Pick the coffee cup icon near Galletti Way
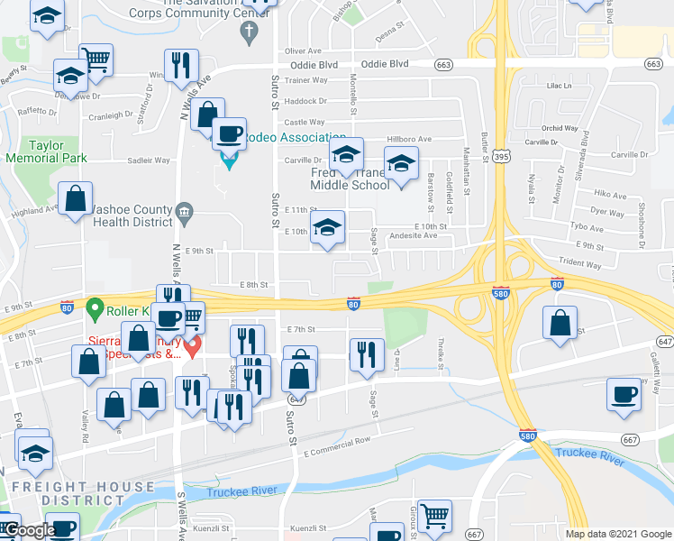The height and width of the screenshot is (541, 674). click(x=624, y=395)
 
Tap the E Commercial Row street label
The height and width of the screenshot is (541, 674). click(x=337, y=440)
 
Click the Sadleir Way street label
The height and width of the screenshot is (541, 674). click(x=149, y=160)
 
